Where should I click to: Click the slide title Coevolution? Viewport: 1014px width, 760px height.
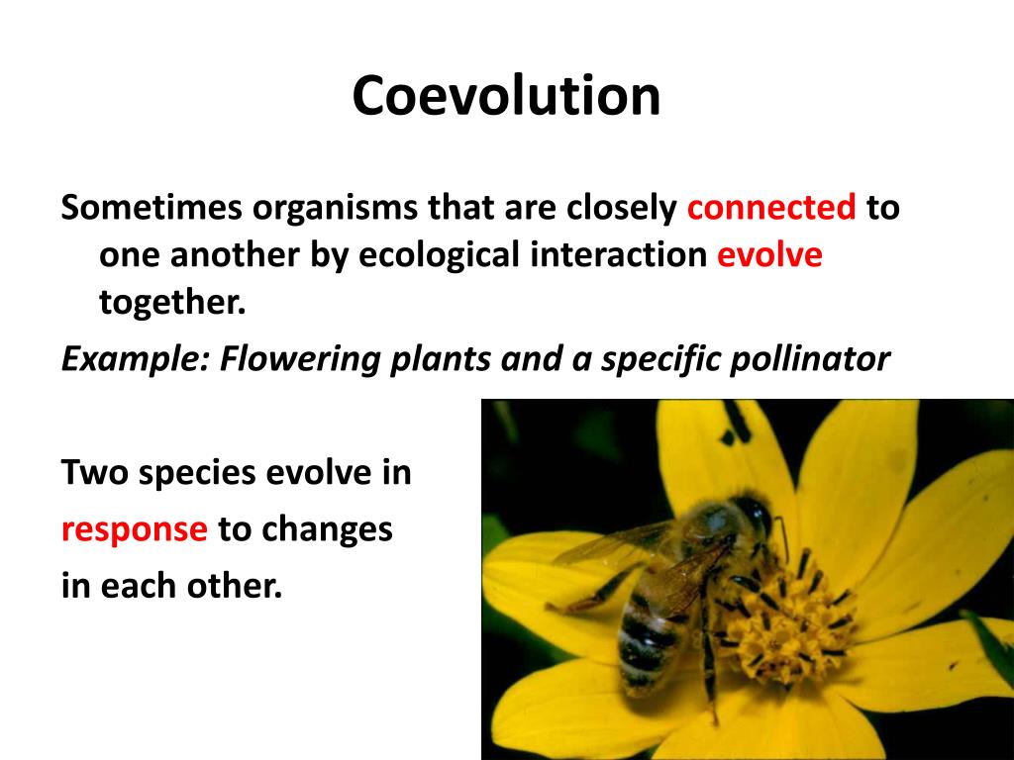(x=506, y=97)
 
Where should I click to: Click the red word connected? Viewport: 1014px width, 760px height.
(x=771, y=209)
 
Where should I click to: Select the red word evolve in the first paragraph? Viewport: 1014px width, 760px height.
(x=769, y=255)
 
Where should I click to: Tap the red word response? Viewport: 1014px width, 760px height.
(x=134, y=530)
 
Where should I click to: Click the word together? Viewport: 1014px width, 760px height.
(x=171, y=303)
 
